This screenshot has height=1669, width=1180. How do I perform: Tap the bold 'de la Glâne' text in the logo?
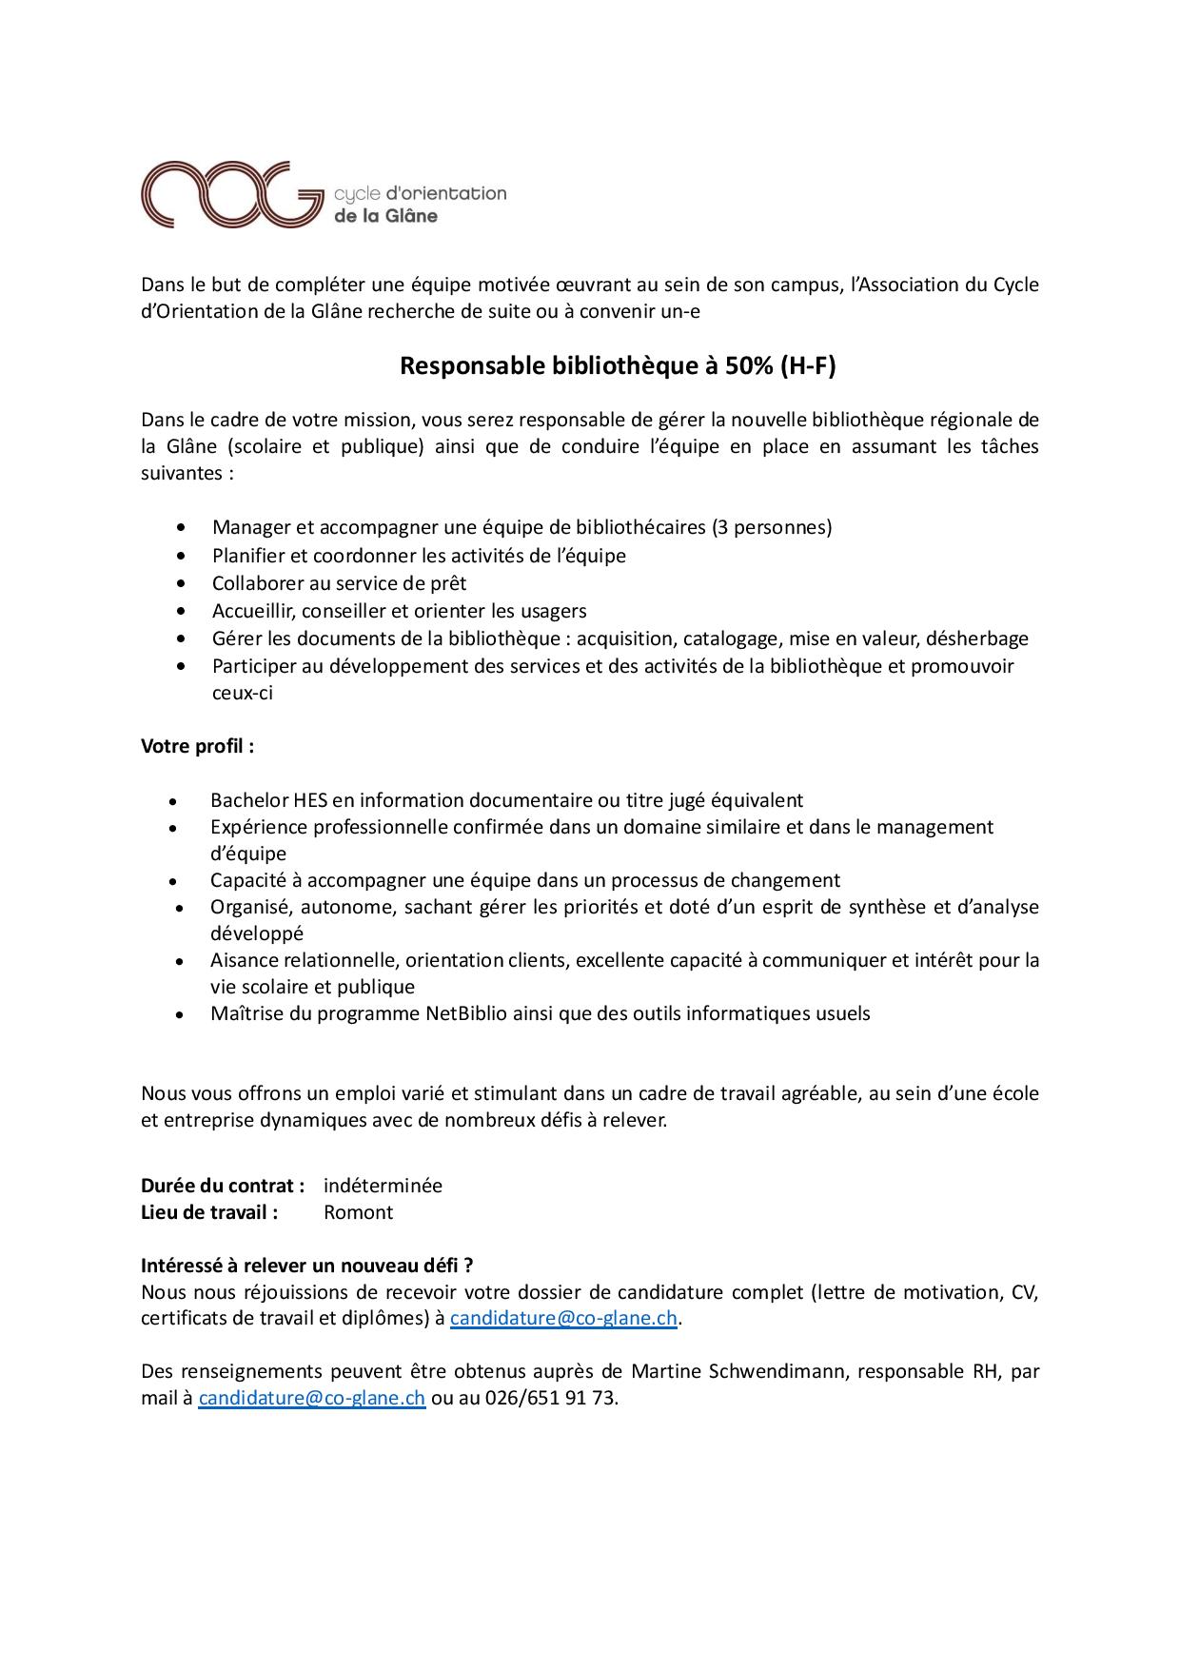point(385,216)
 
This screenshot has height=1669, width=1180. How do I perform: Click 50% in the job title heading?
point(749,366)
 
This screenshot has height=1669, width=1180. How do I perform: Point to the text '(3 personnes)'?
point(772,527)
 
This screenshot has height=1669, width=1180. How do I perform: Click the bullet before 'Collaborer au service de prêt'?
point(182,583)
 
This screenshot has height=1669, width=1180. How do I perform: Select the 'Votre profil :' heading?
point(198,746)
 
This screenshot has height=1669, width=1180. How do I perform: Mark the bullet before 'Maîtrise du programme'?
point(179,1015)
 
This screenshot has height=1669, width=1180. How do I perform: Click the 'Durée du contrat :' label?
point(223,1186)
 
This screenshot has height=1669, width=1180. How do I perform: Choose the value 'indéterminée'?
point(383,1186)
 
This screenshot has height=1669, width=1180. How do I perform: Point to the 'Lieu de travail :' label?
point(209,1212)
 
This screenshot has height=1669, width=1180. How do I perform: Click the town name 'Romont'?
point(358,1212)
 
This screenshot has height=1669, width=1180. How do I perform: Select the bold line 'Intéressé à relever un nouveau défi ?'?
point(307,1266)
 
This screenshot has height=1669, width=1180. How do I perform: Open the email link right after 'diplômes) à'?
point(563,1319)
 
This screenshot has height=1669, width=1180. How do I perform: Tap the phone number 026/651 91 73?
point(550,1399)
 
